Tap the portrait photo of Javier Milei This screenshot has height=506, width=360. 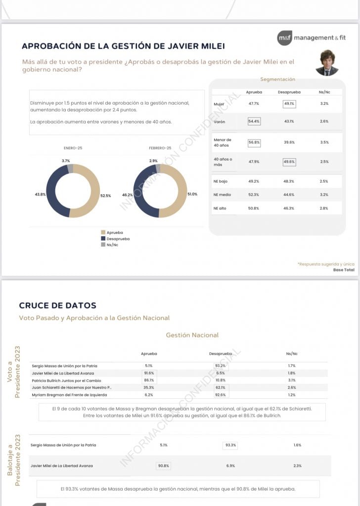pos(326,63)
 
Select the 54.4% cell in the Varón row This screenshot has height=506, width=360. pos(254,121)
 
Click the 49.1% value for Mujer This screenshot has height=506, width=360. pos(289,104)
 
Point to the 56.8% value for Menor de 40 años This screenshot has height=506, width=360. pos(254,142)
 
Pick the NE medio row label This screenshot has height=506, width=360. pos(221,195)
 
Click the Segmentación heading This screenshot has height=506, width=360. pos(277,79)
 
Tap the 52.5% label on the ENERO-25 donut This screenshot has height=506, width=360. pos(106,196)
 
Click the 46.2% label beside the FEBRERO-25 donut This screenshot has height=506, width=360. pos(128,195)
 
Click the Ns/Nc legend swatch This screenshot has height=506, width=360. pos(103,245)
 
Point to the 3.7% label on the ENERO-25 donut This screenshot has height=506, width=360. pos(66,161)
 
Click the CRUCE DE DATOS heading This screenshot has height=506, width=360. pos(57,305)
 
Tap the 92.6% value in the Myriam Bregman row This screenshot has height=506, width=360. pos(221,395)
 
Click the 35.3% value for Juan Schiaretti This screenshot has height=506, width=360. pos(149,387)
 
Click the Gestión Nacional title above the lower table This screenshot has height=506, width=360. pos(192,335)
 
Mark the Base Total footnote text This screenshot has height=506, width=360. pos(344,270)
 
